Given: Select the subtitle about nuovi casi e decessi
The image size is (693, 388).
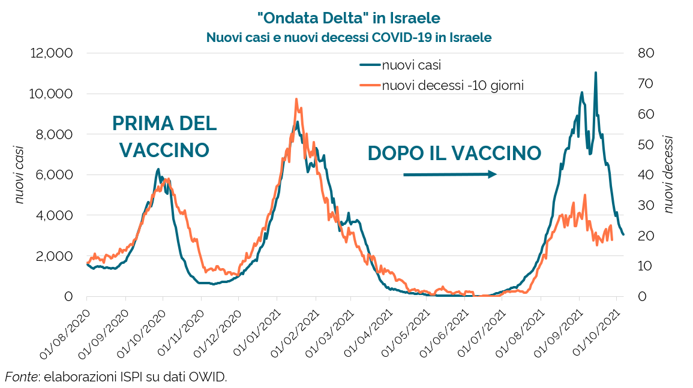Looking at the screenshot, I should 349,37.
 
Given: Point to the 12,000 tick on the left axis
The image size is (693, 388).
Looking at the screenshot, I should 51,53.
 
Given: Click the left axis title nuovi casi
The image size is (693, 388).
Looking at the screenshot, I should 20,175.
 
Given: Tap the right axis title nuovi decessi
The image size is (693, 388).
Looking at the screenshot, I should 668,175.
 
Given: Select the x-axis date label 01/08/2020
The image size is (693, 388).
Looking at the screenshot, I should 66,330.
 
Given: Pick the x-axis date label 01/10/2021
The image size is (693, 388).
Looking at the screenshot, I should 597,330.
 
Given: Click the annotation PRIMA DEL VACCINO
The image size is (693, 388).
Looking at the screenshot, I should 164,137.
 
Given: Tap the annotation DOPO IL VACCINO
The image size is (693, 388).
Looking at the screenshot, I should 454,153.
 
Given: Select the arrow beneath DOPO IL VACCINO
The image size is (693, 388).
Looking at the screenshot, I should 449,175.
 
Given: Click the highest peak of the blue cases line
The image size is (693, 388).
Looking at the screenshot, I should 595,73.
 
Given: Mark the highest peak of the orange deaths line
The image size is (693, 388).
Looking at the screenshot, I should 296,100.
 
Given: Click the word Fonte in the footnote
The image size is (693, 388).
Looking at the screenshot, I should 20,377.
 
